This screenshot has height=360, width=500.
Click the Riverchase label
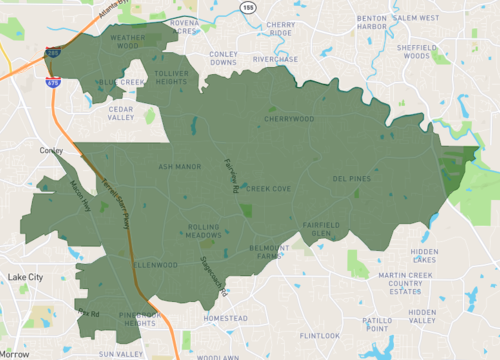coord(275,59)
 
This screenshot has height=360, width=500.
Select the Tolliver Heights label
coord(173,78)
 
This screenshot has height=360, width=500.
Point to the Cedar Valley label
coord(121,111)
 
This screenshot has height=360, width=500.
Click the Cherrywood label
coord(289,119)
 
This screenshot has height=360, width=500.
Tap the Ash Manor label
coord(180,167)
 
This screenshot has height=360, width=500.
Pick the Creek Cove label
coord(268,188)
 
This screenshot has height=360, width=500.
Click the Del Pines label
coord(352,179)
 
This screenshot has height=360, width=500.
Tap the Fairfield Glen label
coord(321,229)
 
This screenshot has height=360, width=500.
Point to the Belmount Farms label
coord(269,250)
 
